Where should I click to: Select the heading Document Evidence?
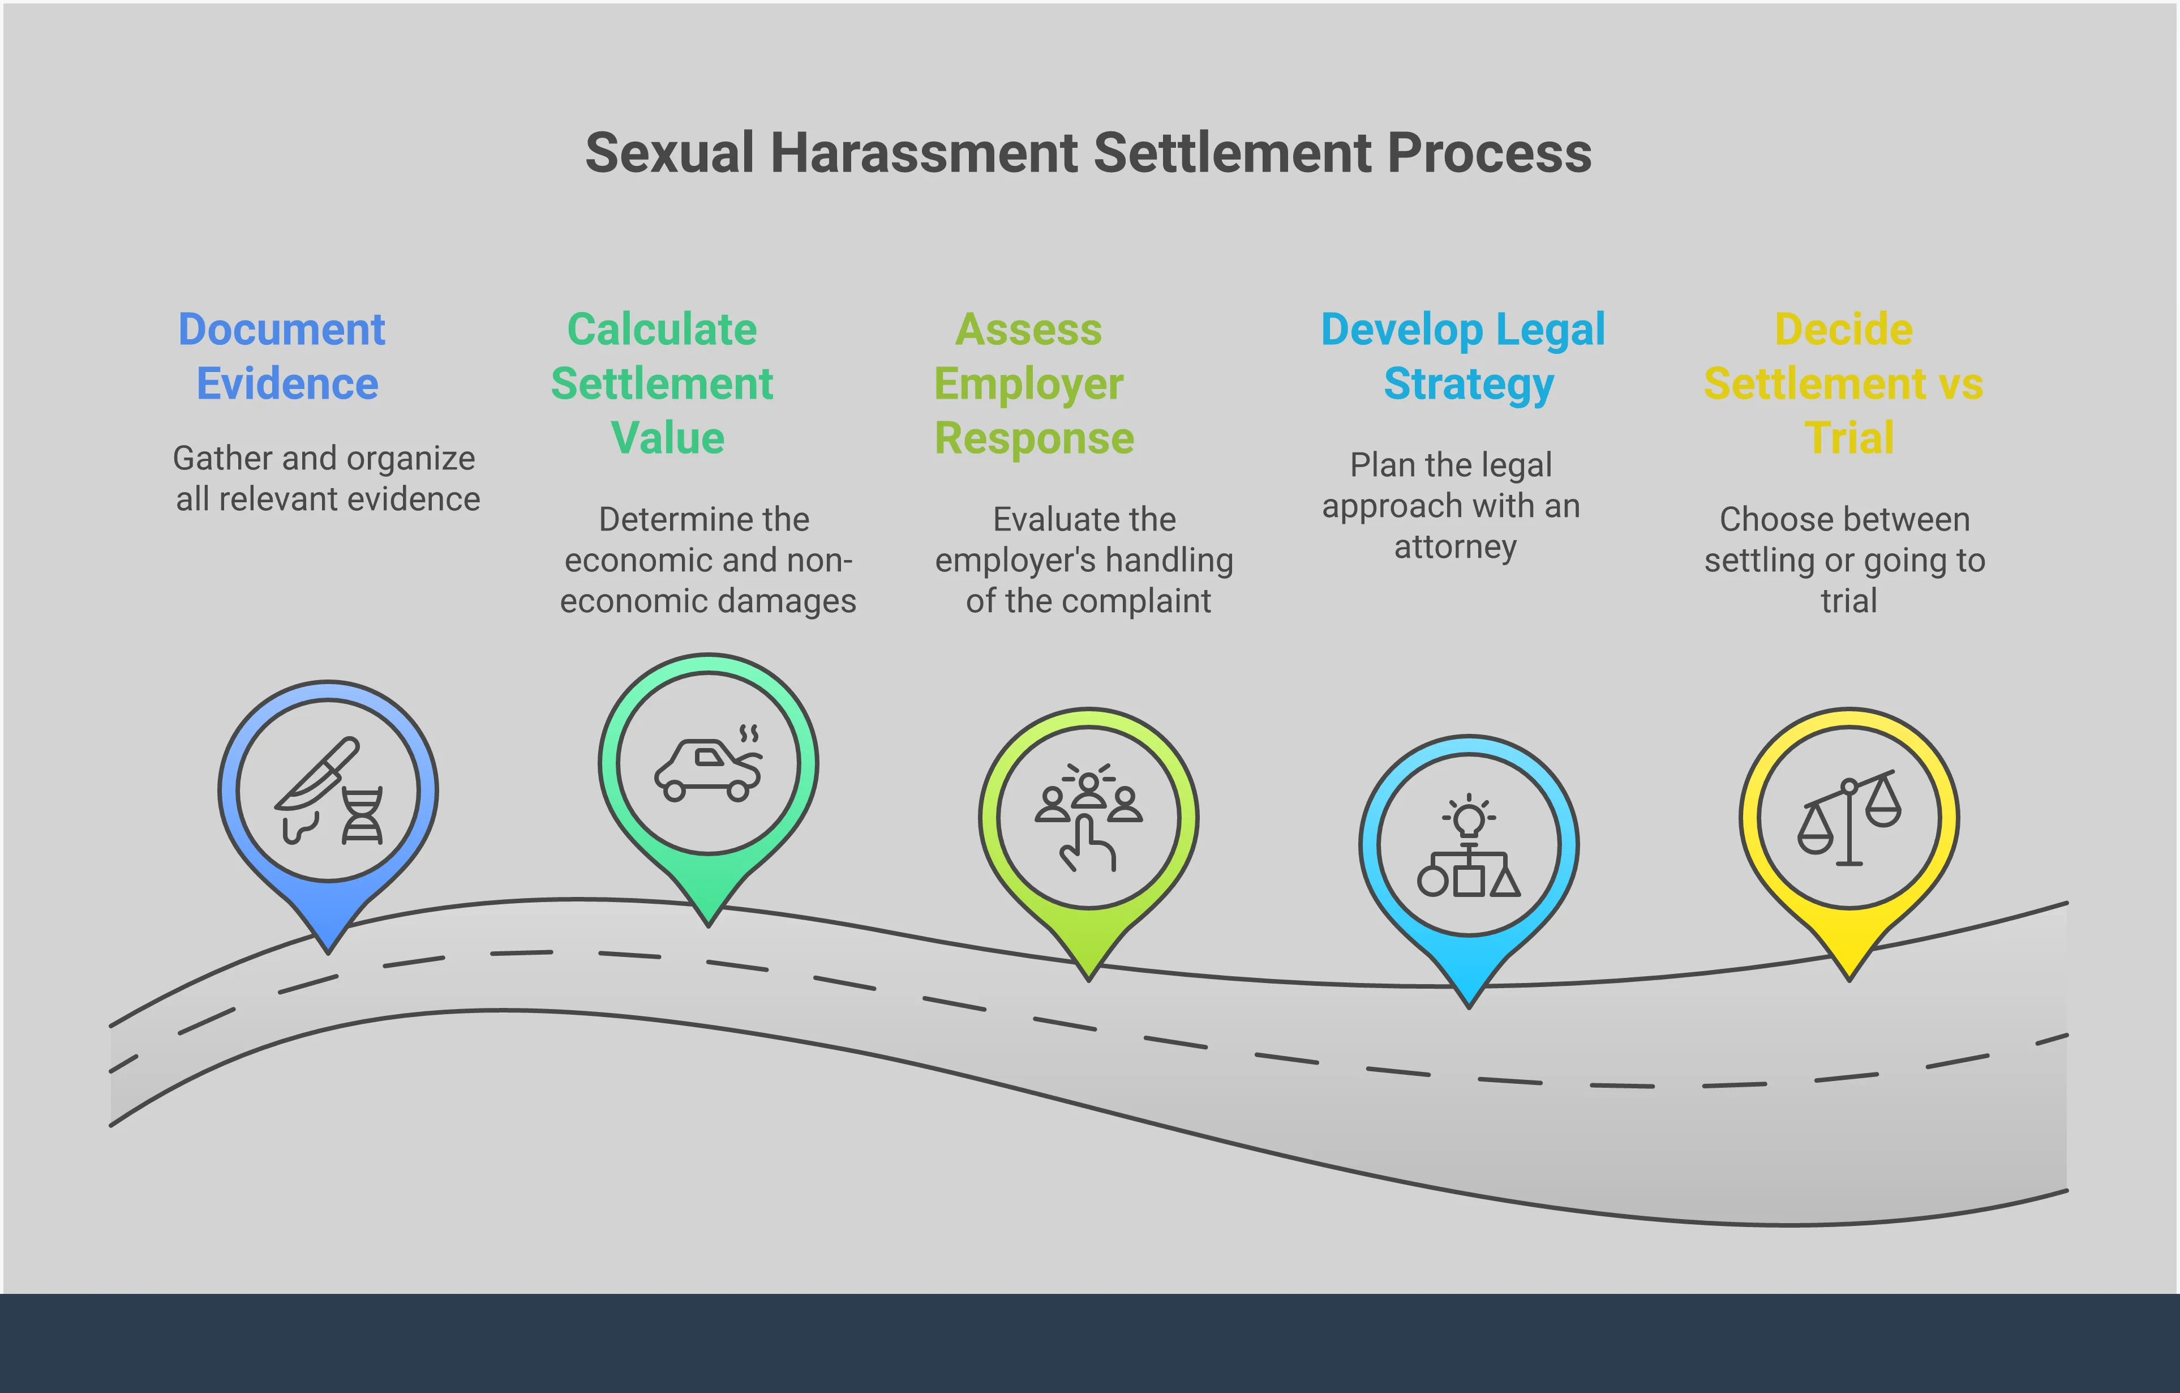[282, 356]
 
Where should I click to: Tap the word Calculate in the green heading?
[662, 329]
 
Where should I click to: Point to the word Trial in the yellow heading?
[1849, 438]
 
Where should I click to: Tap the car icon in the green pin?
[707, 770]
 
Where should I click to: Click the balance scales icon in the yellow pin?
[1849, 817]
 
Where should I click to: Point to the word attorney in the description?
[1455, 547]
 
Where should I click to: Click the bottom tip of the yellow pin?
[1849, 976]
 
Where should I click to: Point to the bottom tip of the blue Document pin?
[328, 949]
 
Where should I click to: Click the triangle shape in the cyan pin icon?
[1505, 881]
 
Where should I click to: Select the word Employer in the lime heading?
[1028, 383]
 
